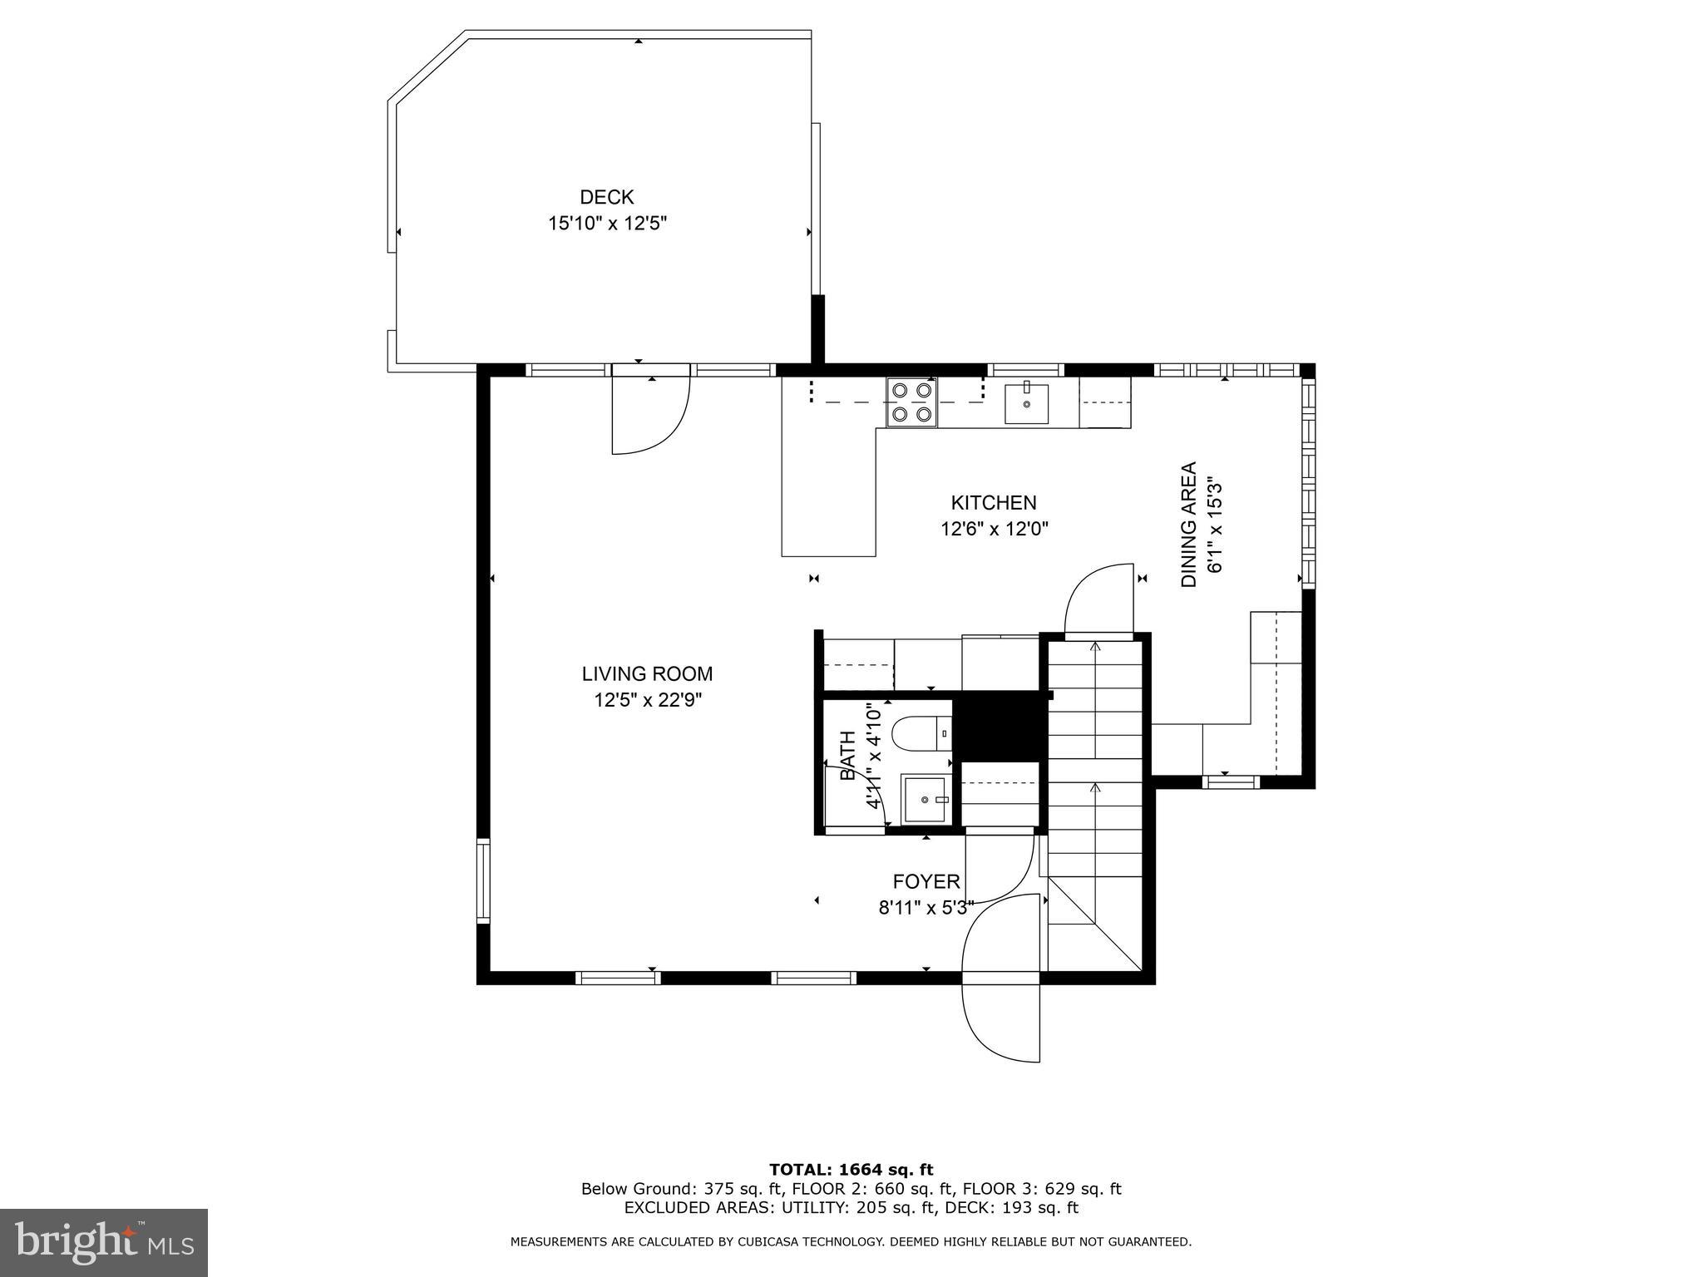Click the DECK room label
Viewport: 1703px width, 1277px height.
tap(607, 197)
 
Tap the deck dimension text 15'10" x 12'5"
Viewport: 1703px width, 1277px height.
tap(607, 224)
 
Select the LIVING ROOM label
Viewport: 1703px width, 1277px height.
tap(647, 673)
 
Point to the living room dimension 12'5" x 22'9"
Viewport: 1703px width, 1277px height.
tap(648, 700)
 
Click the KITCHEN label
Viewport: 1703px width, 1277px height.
tap(994, 503)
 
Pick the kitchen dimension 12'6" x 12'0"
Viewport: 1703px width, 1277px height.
tap(995, 529)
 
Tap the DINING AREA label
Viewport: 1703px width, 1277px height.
tap(1189, 525)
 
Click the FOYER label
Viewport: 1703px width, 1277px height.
tap(926, 881)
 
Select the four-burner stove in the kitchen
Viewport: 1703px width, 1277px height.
tap(911, 402)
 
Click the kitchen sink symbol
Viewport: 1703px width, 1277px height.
tap(1026, 403)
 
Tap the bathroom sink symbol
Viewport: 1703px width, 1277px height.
tap(926, 799)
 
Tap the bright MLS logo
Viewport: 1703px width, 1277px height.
tap(104, 1243)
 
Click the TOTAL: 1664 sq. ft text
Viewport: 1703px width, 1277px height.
tap(851, 1171)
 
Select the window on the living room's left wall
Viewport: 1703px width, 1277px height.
tap(483, 881)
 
